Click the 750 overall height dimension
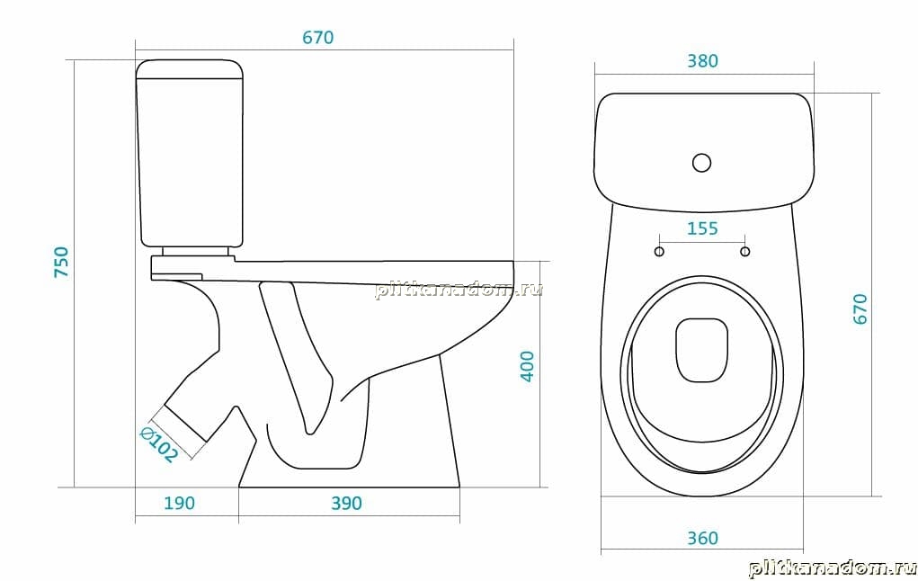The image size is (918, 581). pyautogui.click(x=61, y=262)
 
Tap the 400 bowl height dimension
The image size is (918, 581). pyautogui.click(x=528, y=366)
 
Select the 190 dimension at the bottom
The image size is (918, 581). pyautogui.click(x=179, y=503)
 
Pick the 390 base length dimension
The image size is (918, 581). pyautogui.click(x=346, y=503)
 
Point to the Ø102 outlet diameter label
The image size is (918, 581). pyautogui.click(x=158, y=444)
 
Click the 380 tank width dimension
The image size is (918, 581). pyautogui.click(x=702, y=61)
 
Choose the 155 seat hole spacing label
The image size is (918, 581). pyautogui.click(x=702, y=228)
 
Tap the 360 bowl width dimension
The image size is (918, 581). pyautogui.click(x=702, y=538)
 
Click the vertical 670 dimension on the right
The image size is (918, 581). pyautogui.click(x=860, y=308)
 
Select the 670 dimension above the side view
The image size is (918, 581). pyautogui.click(x=318, y=38)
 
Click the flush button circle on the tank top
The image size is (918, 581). pyautogui.click(x=701, y=162)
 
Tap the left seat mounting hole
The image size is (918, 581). pyautogui.click(x=659, y=251)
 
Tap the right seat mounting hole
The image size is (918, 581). pyautogui.click(x=744, y=251)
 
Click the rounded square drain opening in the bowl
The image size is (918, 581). pyautogui.click(x=701, y=350)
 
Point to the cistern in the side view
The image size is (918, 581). pyautogui.click(x=190, y=153)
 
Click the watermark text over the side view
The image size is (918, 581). pyautogui.click(x=459, y=289)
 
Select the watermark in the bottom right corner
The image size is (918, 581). pyautogui.click(x=833, y=568)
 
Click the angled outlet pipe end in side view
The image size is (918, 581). pyautogui.click(x=185, y=423)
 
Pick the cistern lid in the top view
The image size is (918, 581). pyautogui.click(x=704, y=152)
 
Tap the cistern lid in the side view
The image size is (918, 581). pyautogui.click(x=190, y=69)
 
